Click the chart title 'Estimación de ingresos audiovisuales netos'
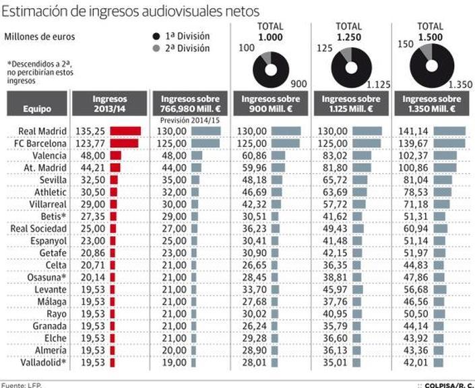pos(131,12)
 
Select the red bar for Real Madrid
pos(125,131)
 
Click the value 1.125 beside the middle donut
pos(379,85)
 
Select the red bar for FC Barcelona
pos(124,143)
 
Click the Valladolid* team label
pos(41,362)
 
